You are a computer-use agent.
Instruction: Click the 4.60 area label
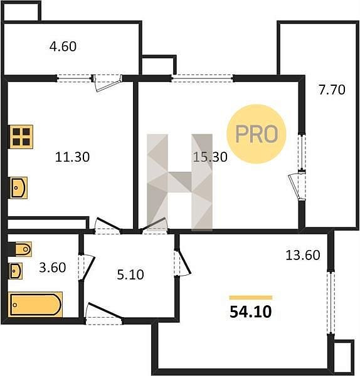63,46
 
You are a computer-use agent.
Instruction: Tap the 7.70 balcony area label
332,90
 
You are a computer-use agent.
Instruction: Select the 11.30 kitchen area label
72,157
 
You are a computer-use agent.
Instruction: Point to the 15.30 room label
210,157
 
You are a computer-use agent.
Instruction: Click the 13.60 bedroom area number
303,255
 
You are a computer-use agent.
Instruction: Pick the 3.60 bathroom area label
52,268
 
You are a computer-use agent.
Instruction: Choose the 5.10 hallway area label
130,275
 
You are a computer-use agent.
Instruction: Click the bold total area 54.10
251,312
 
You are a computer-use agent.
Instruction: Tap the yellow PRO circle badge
257,134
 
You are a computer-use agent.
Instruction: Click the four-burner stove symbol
21,137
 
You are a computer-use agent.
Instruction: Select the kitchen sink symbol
18,188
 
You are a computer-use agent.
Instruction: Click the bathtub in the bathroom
35,305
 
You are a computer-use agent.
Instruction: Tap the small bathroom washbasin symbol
16,271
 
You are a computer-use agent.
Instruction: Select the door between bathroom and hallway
87,267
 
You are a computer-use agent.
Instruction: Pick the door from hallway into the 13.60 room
183,263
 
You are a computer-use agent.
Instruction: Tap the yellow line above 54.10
251,298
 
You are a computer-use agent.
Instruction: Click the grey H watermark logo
179,182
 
